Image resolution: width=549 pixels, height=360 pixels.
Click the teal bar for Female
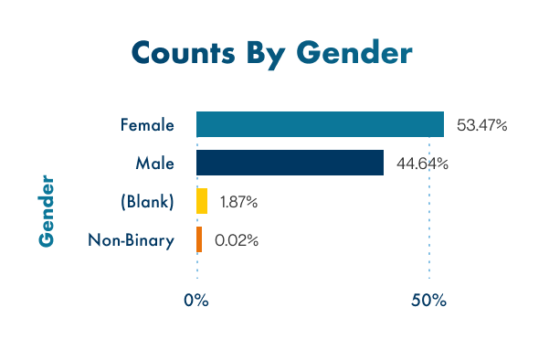(320, 124)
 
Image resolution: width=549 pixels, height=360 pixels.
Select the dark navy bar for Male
(290, 163)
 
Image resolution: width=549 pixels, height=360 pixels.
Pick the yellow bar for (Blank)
(202, 201)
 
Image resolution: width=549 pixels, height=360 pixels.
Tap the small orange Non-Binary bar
(199, 240)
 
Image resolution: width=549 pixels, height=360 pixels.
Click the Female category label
(147, 124)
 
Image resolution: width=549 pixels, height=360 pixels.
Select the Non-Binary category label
(132, 240)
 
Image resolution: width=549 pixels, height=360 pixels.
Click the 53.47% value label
(481, 125)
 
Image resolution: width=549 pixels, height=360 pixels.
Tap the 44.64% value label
(422, 164)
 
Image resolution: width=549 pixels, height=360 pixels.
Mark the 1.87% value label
(238, 202)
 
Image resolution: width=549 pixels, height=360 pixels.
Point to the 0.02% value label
(237, 241)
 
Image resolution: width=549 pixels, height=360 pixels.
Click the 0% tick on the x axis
(196, 300)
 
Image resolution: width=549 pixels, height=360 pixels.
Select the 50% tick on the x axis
(428, 300)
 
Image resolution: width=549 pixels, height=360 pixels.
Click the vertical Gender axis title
(47, 209)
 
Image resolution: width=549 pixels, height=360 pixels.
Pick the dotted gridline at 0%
(196, 270)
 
